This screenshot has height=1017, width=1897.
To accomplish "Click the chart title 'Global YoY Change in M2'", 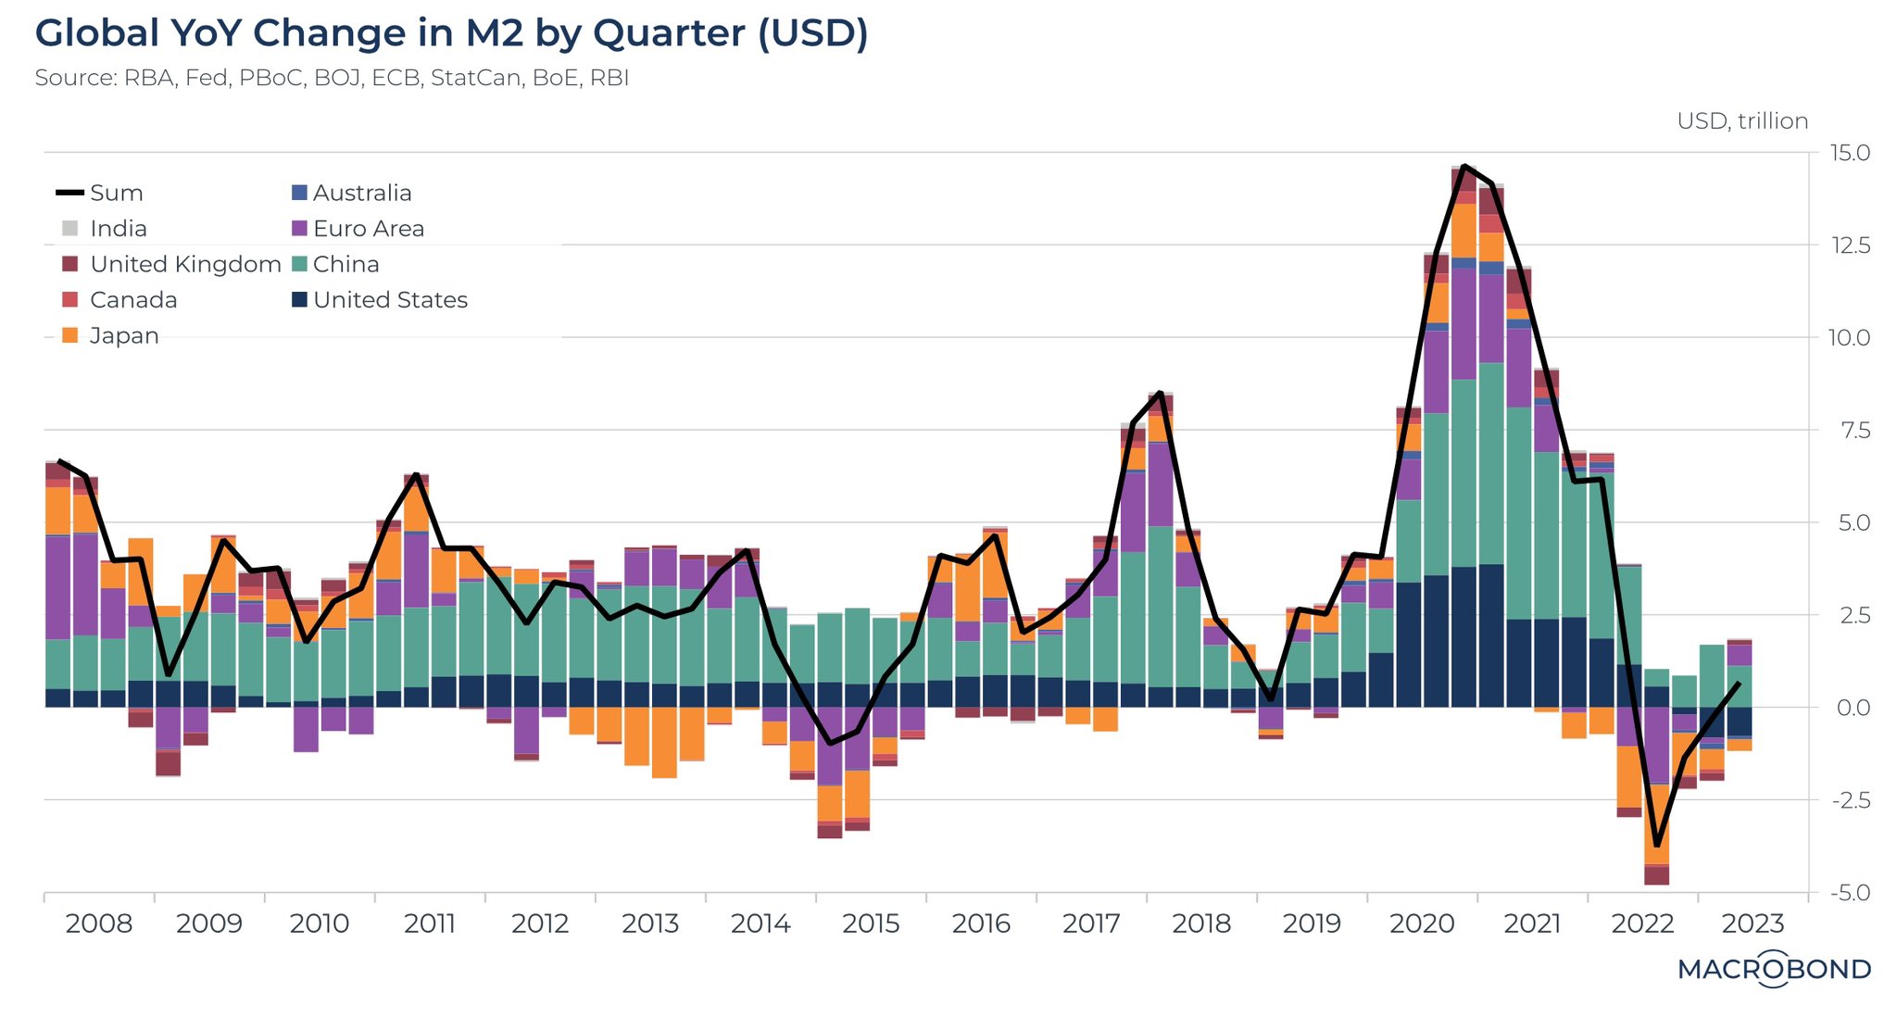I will coord(451,33).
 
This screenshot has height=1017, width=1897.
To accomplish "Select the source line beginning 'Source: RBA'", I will coord(332,78).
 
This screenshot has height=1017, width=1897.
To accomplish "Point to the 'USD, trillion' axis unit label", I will coord(1741,121).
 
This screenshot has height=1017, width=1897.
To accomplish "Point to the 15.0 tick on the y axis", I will coord(1850,153).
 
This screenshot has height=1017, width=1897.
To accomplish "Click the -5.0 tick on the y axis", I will coord(1850,893).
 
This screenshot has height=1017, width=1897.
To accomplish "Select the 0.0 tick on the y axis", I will coord(1850,708).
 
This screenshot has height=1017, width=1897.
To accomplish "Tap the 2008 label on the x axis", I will coord(98,923).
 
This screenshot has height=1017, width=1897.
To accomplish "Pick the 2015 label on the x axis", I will coord(871,923).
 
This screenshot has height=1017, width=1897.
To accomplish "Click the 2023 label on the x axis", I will coord(1753,923).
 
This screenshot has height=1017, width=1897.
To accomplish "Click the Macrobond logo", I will coord(1774,969).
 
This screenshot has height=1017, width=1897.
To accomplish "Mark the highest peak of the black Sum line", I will coord(1464,166).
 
